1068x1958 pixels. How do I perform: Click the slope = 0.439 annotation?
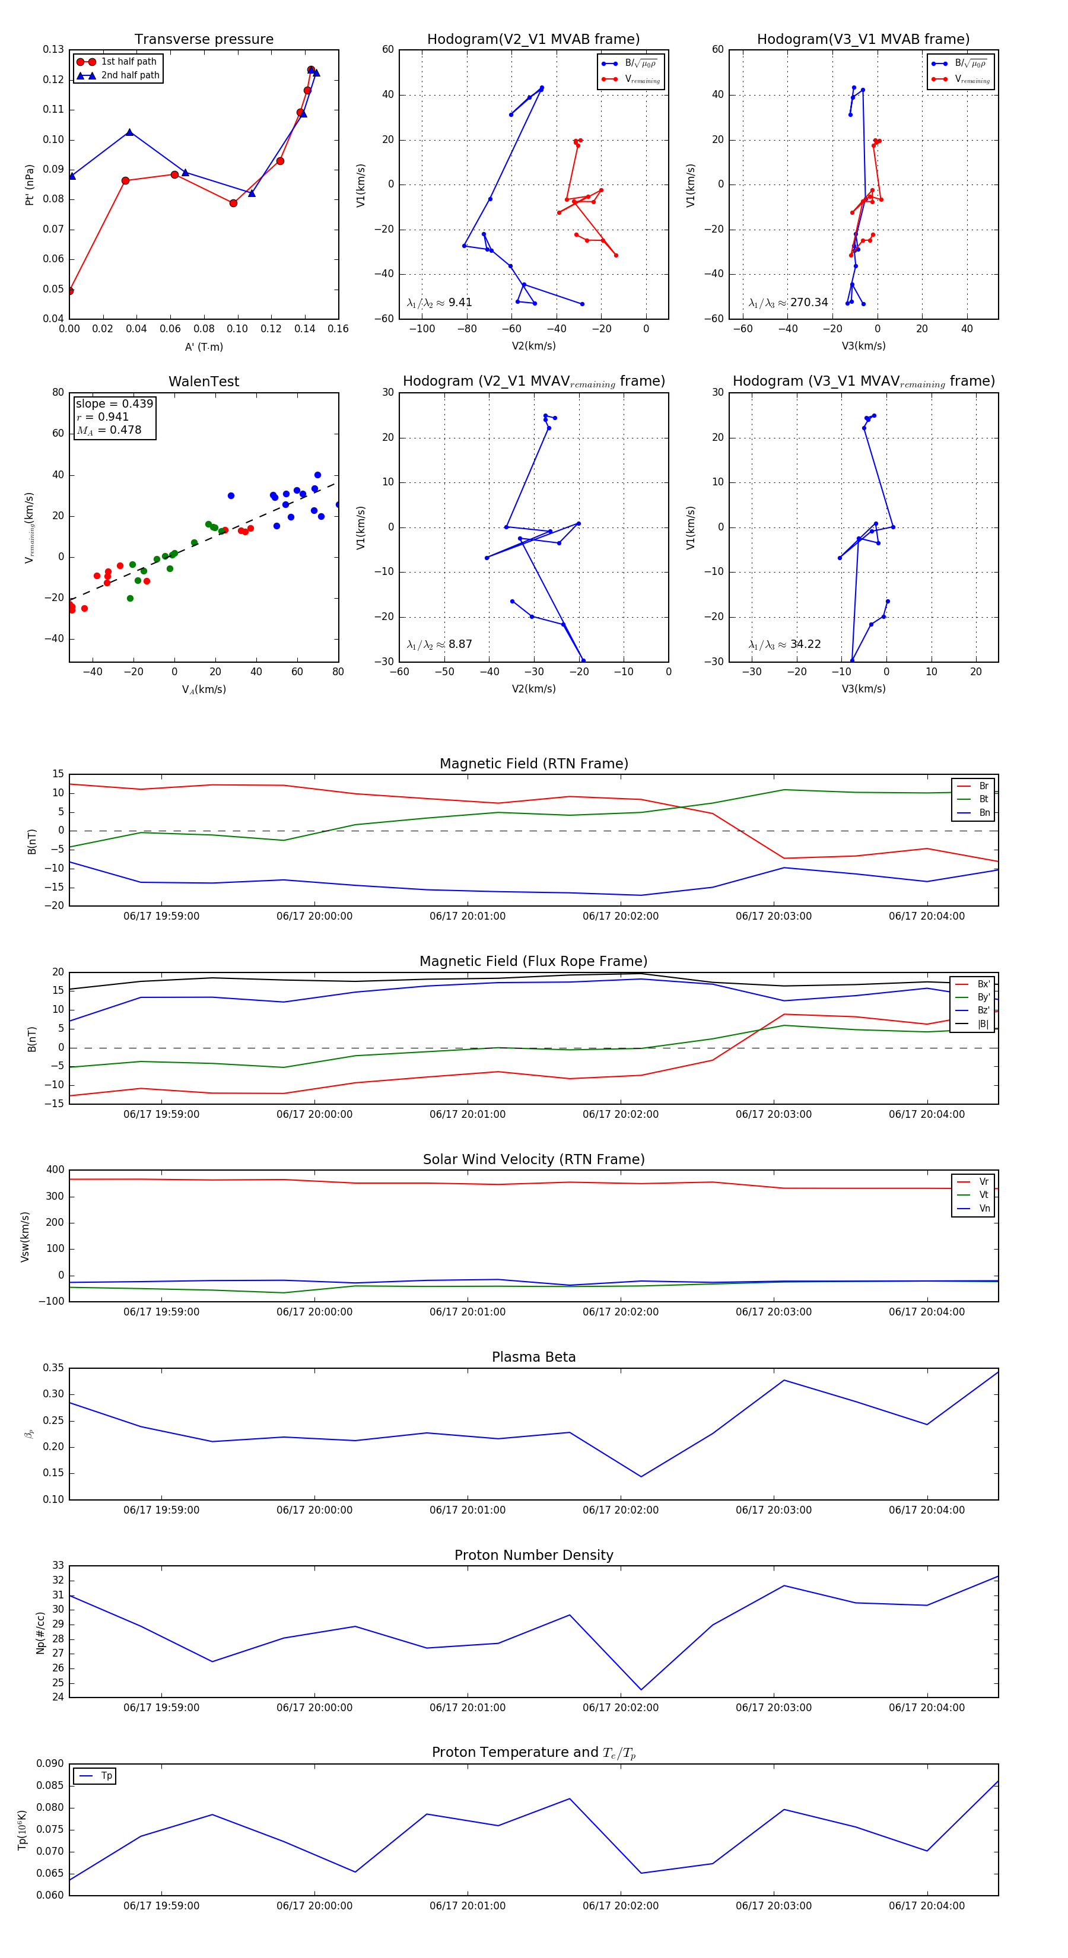pyautogui.click(x=114, y=403)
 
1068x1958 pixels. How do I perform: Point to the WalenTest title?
pyautogui.click(x=204, y=382)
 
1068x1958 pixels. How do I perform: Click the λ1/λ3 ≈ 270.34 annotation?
pyautogui.click(x=789, y=303)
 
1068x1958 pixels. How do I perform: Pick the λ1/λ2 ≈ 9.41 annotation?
pyautogui.click(x=439, y=303)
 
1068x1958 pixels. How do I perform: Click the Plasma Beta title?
pyautogui.click(x=533, y=1357)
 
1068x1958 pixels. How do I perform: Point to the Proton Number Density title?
pyautogui.click(x=533, y=1555)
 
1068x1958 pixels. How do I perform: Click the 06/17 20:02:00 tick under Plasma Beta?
pyautogui.click(x=620, y=1510)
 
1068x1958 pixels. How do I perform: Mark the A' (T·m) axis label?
pyautogui.click(x=204, y=347)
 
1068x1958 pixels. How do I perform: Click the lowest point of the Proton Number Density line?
pyautogui.click(x=641, y=1690)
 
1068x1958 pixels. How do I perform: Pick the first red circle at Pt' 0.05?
pyautogui.click(x=70, y=290)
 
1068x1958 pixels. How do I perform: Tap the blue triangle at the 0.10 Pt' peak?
pyautogui.click(x=130, y=132)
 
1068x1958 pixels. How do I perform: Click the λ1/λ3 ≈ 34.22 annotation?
pyautogui.click(x=784, y=644)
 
